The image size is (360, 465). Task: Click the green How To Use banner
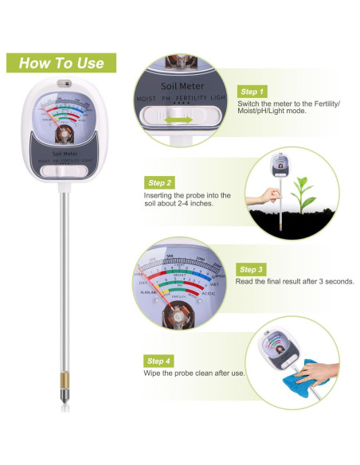click(x=62, y=63)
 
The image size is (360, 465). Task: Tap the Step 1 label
click(x=252, y=92)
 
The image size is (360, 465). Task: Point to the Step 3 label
click(x=252, y=269)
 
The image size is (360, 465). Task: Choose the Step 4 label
click(x=158, y=361)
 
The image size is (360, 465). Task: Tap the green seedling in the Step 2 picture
click(x=301, y=190)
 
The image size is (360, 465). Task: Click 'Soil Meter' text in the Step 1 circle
click(x=182, y=86)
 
